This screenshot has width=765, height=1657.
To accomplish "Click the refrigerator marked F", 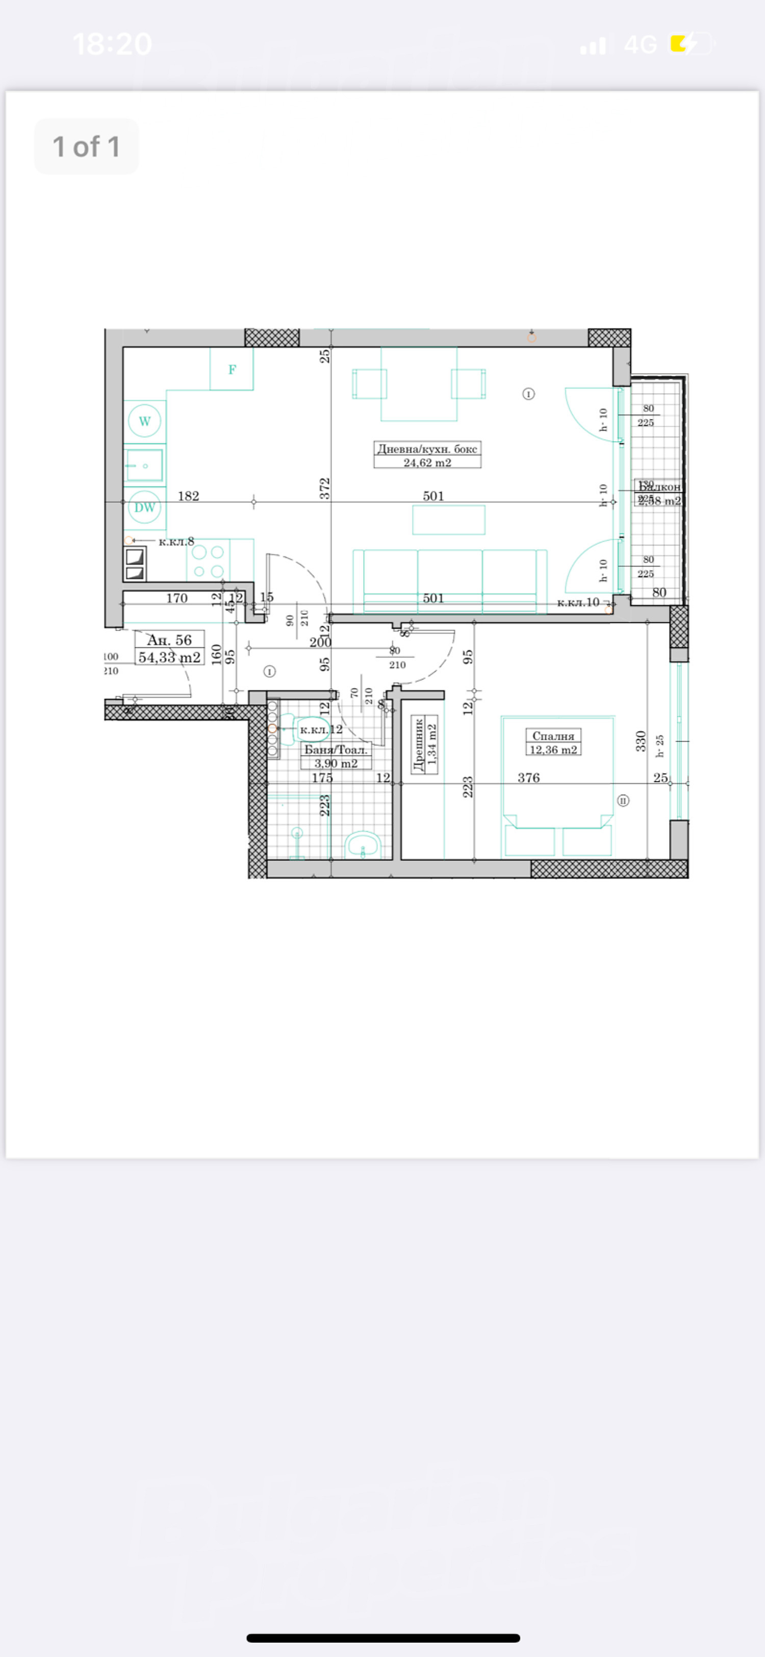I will [x=232, y=369].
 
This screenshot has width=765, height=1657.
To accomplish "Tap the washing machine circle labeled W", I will [x=145, y=421].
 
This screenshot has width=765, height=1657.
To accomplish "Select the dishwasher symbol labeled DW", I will [x=145, y=507].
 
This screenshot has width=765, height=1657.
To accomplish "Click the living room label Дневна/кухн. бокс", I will [x=427, y=449].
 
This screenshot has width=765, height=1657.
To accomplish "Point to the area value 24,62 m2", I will [x=427, y=462].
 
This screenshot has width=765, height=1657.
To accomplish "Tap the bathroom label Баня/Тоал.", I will [x=336, y=749].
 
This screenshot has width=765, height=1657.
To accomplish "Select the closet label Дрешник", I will [x=419, y=745].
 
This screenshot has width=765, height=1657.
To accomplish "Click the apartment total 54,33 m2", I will [x=169, y=657].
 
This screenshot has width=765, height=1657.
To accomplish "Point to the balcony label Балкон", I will [x=659, y=487].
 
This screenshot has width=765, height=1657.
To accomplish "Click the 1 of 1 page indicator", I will [x=86, y=147].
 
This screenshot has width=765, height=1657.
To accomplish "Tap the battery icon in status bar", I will [x=691, y=44].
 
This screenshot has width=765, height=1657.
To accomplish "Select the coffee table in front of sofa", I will [x=449, y=520].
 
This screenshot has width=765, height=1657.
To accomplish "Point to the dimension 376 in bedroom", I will [x=528, y=777].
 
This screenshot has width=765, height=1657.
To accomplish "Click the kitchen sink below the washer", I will [x=145, y=465].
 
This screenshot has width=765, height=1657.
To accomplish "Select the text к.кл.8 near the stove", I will [x=176, y=542].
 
